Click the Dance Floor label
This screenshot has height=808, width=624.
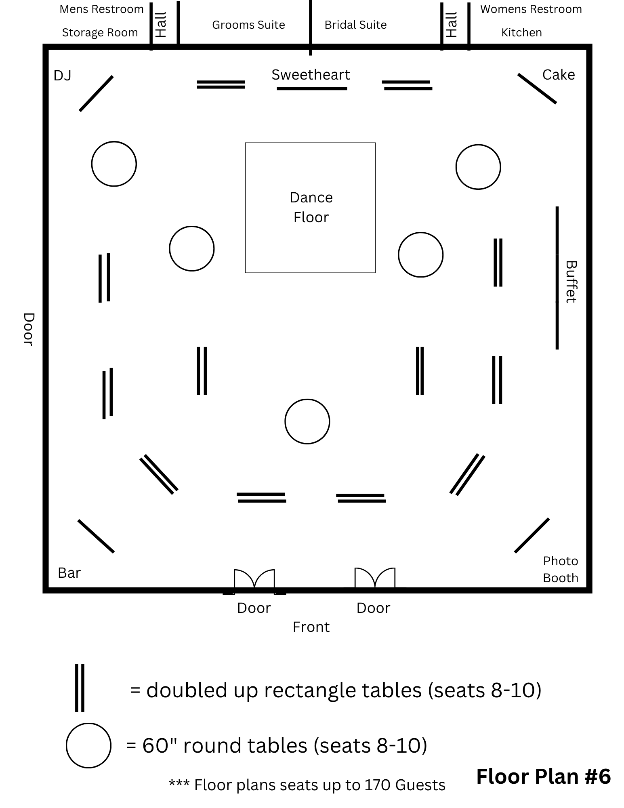[x=311, y=207]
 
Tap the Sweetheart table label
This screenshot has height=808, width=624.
[x=311, y=75]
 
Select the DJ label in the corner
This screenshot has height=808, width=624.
[x=62, y=76]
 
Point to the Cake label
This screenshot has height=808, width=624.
[x=558, y=75]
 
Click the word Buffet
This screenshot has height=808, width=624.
[x=571, y=282]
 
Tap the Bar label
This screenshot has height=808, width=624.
[x=69, y=573]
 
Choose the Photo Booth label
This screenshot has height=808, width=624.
[x=560, y=569]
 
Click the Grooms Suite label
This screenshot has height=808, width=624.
[x=248, y=25]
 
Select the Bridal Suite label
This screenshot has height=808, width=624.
[x=355, y=25]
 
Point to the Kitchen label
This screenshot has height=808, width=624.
[x=521, y=33]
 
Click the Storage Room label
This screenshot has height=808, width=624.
[x=100, y=33]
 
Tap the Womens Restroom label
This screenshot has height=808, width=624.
[x=531, y=9]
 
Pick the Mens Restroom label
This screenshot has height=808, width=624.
[x=101, y=9]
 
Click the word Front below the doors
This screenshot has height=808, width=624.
[x=311, y=627]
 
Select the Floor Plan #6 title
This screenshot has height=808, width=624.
[x=543, y=776]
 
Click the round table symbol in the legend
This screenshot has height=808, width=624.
[x=88, y=745]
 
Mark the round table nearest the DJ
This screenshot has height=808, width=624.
[x=114, y=164]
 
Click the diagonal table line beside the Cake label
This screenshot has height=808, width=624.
[x=537, y=88]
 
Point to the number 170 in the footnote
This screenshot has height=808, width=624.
[x=378, y=785]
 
